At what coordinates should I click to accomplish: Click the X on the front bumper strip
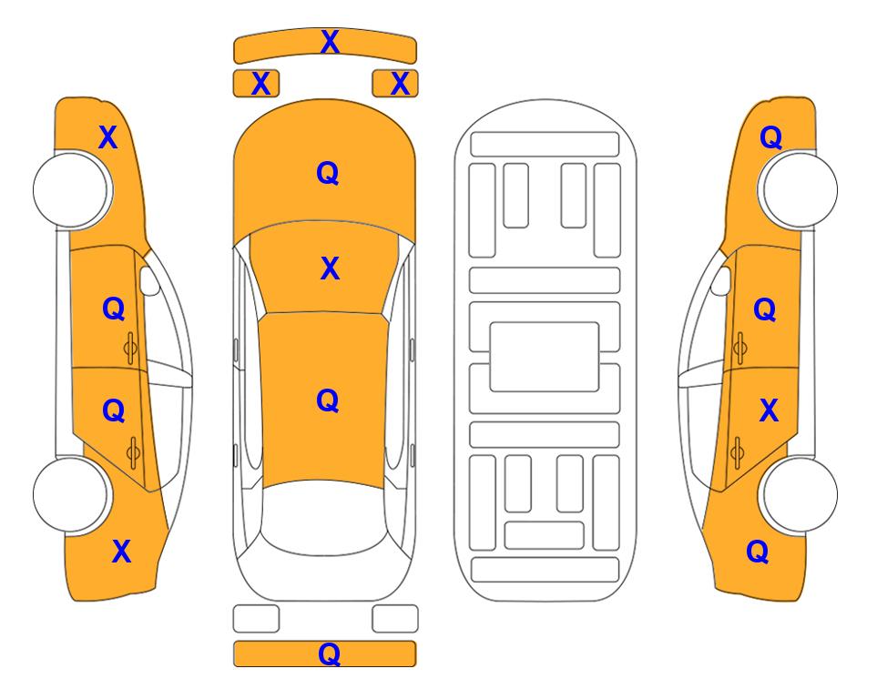point(330,42)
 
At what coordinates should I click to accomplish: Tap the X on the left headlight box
point(260,84)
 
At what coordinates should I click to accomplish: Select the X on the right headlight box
point(400,84)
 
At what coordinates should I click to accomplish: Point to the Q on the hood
point(328,173)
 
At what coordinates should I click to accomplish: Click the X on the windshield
point(330,268)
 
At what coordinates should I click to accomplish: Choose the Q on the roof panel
point(328,401)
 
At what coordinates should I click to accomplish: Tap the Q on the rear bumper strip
point(330,653)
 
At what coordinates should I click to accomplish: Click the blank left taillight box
point(256,619)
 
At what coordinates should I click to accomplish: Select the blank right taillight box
point(395,619)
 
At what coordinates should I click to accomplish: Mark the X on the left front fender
point(108,137)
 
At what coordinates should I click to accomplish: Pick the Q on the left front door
point(114,309)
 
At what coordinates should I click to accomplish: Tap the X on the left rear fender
point(121,552)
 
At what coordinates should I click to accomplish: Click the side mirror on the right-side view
point(721,280)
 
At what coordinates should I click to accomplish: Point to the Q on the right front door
point(765,309)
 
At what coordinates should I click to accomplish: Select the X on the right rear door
point(769,410)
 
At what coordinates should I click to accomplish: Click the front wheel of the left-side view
point(72,189)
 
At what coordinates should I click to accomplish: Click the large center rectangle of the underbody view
point(545,357)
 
